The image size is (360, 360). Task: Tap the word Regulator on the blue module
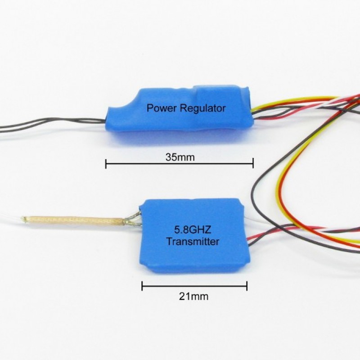pyautogui.click(x=202, y=108)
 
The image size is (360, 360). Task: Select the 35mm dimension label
pyautogui.click(x=180, y=157)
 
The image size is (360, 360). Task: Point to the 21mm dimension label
pyautogui.click(x=193, y=297)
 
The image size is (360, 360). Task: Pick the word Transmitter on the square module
pyautogui.click(x=193, y=241)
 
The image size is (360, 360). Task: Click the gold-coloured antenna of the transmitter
pyautogui.click(x=73, y=220)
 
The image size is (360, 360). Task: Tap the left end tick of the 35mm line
pyautogui.click(x=106, y=163)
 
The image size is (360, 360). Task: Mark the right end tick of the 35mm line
pyautogui.click(x=253, y=163)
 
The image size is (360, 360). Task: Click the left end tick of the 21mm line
pyautogui.click(x=142, y=286)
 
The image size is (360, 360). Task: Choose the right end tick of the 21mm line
pyautogui.click(x=247, y=286)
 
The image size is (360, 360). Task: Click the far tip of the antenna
pyautogui.click(x=22, y=218)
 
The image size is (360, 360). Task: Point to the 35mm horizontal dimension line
pyautogui.click(x=179, y=163)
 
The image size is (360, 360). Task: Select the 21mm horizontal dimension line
pyautogui.click(x=194, y=286)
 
